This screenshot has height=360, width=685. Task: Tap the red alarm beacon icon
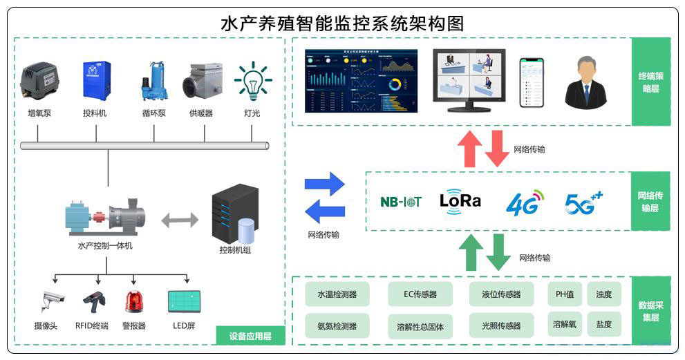133,302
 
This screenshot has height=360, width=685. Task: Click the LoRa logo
460,200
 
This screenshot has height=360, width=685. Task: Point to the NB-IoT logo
401,202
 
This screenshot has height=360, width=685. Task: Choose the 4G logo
525,202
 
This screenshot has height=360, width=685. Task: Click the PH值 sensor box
565,294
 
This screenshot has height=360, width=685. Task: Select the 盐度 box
603,324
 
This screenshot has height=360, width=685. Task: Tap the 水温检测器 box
337,294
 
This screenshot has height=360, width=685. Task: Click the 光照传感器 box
501,325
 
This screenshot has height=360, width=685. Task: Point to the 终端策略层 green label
651,82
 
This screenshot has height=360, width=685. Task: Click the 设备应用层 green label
250,337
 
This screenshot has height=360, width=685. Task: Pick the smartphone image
532,82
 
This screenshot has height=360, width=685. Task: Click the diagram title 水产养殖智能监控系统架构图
341,23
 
